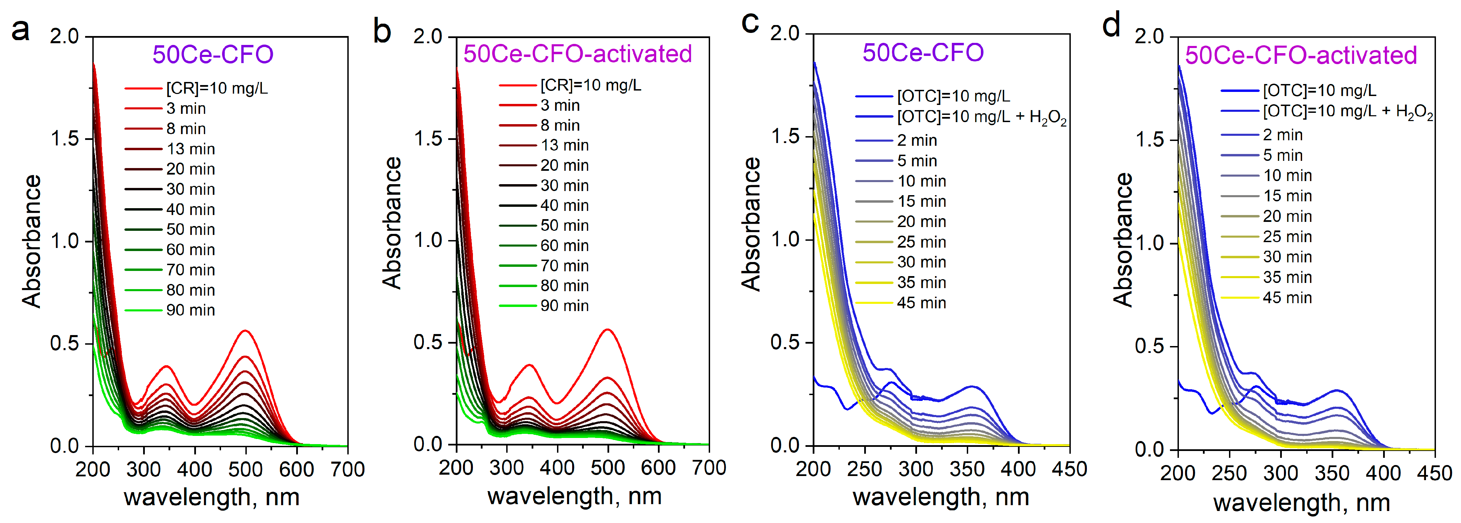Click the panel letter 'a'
click(20, 29)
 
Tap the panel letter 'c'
click(750, 23)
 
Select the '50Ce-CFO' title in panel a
click(213, 55)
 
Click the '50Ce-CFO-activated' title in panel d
click(1300, 55)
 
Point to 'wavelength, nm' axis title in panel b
click(575, 496)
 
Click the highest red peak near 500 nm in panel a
click(246, 330)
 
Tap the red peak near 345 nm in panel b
click(530, 365)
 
